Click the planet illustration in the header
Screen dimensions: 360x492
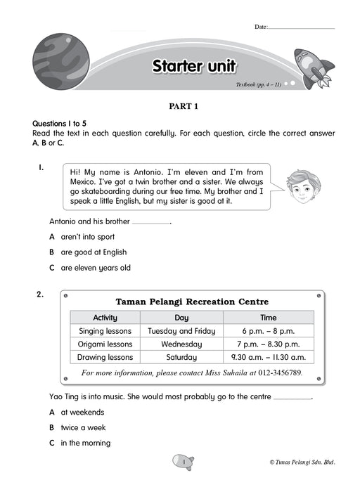(61, 62)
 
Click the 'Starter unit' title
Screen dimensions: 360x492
(194, 66)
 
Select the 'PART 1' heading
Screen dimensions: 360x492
(184, 106)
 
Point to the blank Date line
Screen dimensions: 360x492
(302, 28)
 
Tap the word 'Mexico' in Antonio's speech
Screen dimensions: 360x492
(82, 182)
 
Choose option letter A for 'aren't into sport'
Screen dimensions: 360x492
(52, 237)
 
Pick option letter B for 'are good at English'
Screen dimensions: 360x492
(52, 252)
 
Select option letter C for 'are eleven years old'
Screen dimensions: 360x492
(52, 268)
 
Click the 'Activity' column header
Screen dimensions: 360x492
(105, 318)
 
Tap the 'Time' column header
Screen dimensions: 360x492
(269, 318)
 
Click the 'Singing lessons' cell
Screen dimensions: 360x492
(105, 331)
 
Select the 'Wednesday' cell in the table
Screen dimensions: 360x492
(181, 344)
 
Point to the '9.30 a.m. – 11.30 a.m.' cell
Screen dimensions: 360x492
(269, 357)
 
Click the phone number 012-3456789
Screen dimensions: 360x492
(280, 373)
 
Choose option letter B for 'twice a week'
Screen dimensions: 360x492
(52, 427)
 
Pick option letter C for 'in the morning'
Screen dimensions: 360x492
(52, 443)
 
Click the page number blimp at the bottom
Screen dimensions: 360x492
(184, 462)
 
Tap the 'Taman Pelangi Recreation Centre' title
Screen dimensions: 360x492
(192, 302)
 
